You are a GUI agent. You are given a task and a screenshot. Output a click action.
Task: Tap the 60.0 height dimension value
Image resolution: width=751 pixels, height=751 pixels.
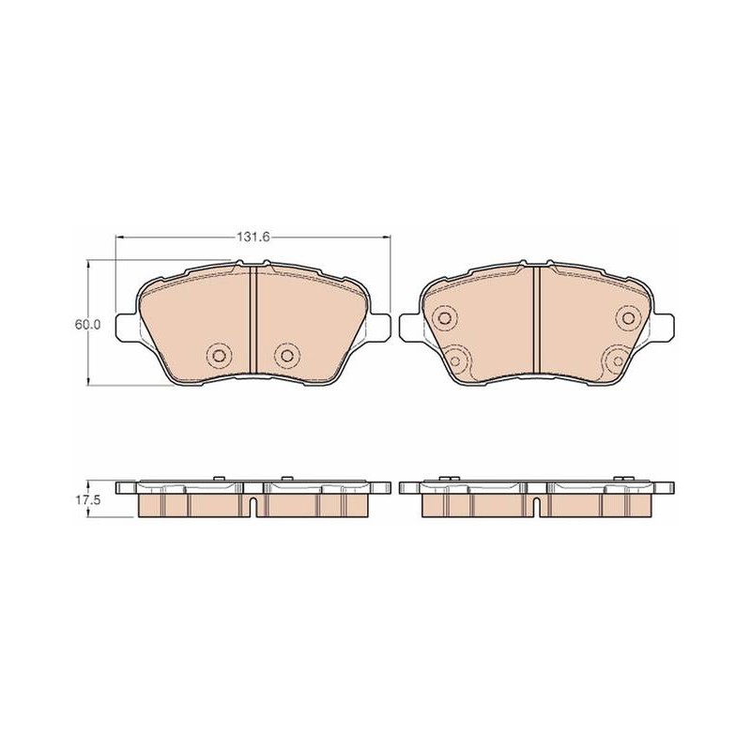[86, 324]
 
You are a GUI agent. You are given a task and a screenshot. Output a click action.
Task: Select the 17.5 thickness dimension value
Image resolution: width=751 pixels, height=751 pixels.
[86, 500]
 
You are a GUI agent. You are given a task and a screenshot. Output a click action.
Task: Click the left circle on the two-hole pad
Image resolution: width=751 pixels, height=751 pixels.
[219, 355]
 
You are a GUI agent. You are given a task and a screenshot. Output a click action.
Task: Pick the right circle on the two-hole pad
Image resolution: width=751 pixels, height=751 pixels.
[287, 355]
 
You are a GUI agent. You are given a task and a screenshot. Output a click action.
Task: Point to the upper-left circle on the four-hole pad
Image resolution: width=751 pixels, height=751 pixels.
[444, 317]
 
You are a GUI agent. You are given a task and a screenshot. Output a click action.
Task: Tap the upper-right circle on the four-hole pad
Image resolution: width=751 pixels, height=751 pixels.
[628, 317]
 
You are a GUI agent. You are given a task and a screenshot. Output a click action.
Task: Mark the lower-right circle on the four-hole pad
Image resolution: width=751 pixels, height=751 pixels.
[618, 360]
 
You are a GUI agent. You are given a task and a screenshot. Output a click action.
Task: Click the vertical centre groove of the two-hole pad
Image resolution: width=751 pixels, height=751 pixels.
[253, 319]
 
